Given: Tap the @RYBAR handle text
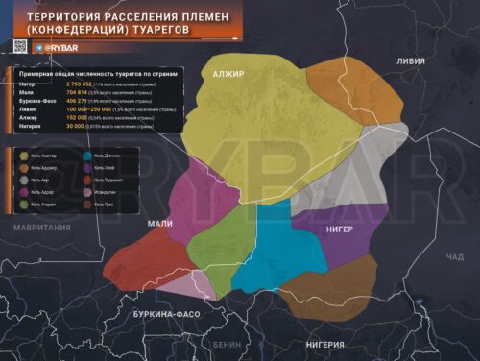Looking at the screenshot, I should coord(57,46).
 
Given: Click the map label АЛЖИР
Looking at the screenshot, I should coord(228,74).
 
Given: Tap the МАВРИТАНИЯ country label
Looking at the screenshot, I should coord(42,227).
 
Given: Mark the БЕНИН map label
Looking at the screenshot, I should coord(228,344).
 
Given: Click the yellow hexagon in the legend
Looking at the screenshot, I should coord(23,155).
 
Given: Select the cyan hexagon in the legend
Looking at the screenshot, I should coord(87,155).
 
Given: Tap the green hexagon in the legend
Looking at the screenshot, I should coord(23,204).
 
